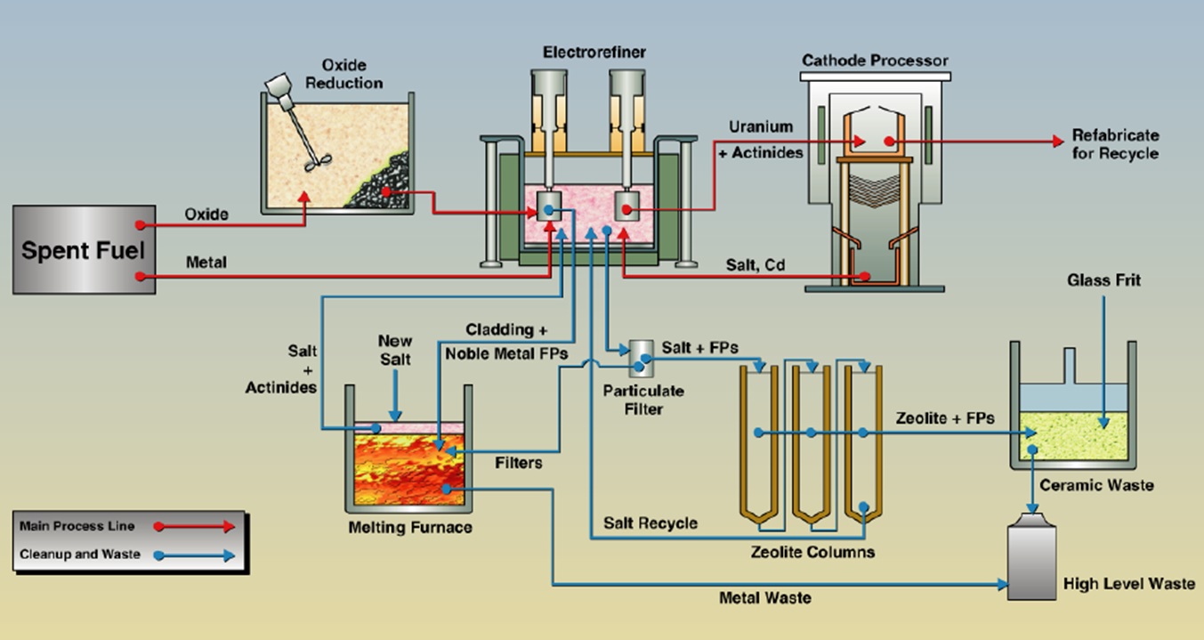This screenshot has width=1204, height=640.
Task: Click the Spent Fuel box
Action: click(82, 249)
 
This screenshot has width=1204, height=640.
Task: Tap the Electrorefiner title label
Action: click(594, 53)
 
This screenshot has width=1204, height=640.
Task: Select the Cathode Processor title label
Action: click(875, 61)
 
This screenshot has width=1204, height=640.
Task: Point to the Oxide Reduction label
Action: click(343, 75)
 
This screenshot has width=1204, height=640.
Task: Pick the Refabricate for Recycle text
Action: click(1115, 145)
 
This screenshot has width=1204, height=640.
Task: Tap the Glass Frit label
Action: click(1103, 280)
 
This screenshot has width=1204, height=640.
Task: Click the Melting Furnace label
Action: click(409, 528)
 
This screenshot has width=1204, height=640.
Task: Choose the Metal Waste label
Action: click(764, 598)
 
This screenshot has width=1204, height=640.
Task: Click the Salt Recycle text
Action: click(650, 523)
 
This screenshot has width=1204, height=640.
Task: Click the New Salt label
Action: click(394, 350)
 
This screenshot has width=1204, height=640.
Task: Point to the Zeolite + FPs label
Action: click(944, 417)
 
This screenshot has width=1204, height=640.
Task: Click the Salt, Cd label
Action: click(753, 264)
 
